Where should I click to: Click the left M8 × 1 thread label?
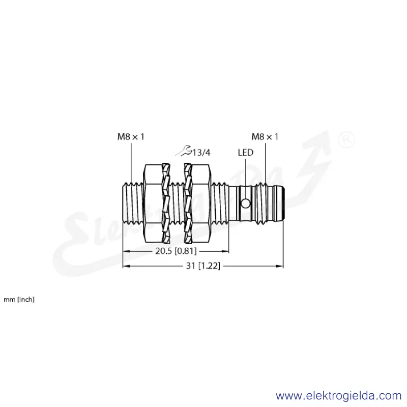click(x=131, y=136)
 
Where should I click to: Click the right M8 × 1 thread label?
click(x=265, y=136)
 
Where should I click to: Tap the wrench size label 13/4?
click(x=201, y=153)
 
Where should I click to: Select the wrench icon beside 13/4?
click(x=184, y=151)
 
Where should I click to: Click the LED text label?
click(x=245, y=153)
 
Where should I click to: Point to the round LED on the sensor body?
click(x=245, y=203)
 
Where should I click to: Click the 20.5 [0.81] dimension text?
click(x=176, y=251)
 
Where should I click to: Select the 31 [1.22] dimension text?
click(x=203, y=266)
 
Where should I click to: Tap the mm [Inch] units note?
click(x=19, y=300)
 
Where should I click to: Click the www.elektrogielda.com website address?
click(x=338, y=396)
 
